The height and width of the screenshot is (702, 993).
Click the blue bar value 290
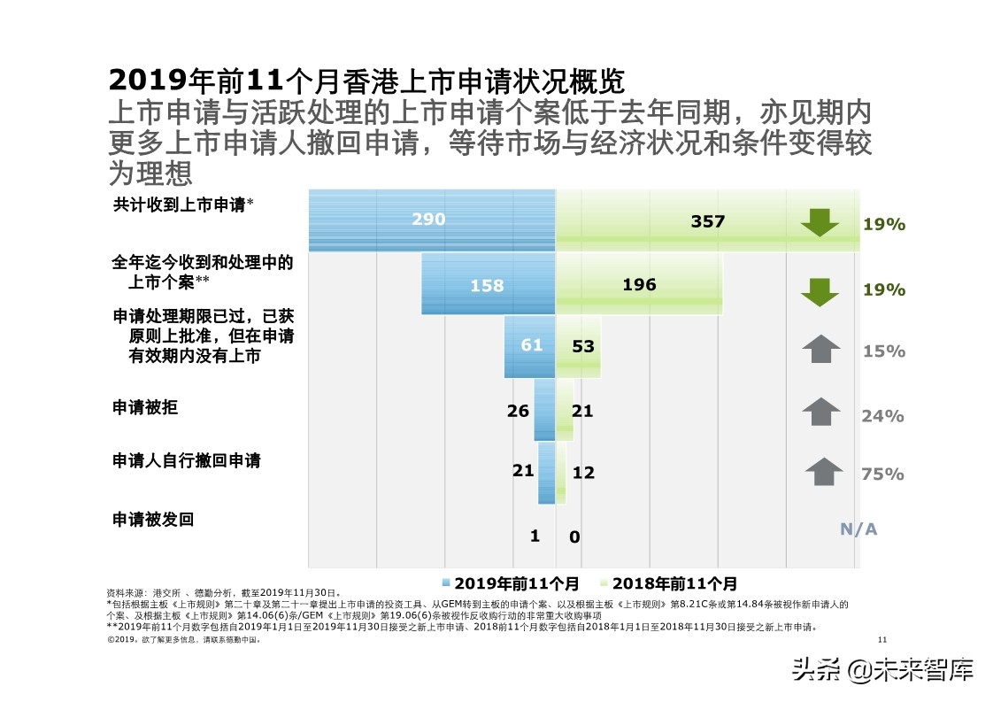(428, 219)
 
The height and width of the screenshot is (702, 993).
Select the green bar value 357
(707, 221)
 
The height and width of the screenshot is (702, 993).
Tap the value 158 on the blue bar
(487, 285)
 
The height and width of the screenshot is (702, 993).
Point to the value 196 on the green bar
(639, 284)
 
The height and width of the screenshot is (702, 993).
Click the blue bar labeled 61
(531, 345)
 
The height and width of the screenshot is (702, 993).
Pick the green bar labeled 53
(582, 346)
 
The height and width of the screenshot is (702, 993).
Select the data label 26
(518, 411)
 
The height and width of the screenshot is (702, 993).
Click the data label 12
(583, 473)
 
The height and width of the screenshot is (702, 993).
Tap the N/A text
(858, 528)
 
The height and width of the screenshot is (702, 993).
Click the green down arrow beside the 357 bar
(820, 223)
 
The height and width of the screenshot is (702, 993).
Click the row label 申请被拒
(145, 407)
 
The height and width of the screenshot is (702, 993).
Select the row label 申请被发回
(153, 519)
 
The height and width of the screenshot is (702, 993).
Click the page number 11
(881, 639)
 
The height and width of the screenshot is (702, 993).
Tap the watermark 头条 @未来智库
(882, 669)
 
